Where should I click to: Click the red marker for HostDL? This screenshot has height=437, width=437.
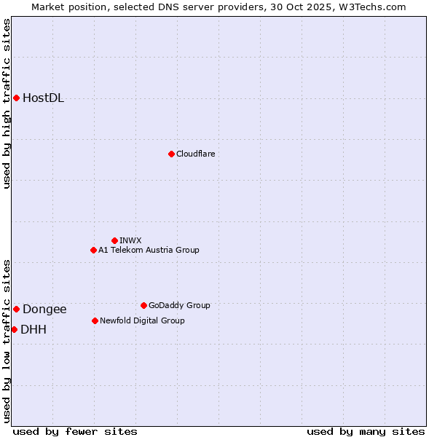[x=16, y=98]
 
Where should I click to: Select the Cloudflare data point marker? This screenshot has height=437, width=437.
[x=171, y=154]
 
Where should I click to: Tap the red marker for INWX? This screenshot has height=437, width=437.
[x=114, y=240]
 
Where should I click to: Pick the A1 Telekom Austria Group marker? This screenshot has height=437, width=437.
[x=93, y=250]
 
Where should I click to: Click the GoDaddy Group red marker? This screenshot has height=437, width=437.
[x=143, y=305]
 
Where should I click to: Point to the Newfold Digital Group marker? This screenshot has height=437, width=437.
[x=95, y=320]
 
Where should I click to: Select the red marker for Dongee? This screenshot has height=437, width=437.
[x=16, y=309]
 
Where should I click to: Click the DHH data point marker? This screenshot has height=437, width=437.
[x=14, y=329]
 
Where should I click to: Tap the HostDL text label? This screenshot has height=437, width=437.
[x=43, y=98]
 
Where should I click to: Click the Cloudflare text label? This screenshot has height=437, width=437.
[x=195, y=154]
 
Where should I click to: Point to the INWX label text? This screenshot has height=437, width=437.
[x=130, y=241]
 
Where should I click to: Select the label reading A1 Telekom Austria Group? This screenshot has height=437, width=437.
[x=149, y=251]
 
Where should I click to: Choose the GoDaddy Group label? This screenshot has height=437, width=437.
[x=179, y=306]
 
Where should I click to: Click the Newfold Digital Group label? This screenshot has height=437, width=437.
[x=142, y=321]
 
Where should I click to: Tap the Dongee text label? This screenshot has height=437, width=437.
[x=44, y=310]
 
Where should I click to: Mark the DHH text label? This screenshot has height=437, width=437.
[x=34, y=330]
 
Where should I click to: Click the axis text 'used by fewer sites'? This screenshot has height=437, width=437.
[x=75, y=432]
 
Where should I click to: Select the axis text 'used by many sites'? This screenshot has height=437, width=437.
[x=366, y=432]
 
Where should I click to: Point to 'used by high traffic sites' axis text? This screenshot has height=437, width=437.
[x=7, y=103]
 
